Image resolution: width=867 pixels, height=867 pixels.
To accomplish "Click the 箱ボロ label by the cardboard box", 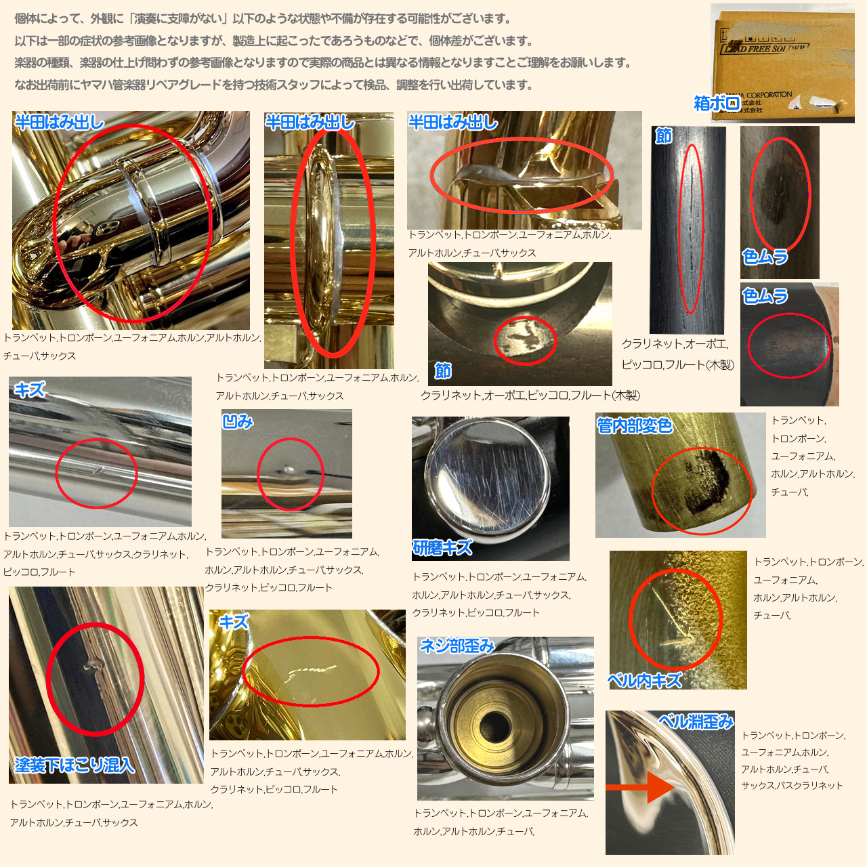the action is point(716,104).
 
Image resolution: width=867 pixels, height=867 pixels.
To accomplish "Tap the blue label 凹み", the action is point(238,421).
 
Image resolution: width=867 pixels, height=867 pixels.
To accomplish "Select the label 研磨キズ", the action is point(442,547).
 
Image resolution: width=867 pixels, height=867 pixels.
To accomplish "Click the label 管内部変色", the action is point(635,425).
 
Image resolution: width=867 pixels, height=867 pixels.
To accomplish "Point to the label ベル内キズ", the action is point(644,680).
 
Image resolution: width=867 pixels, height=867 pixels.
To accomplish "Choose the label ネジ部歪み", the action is point(457,646).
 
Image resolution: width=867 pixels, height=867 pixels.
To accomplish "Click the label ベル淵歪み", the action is point(696,721).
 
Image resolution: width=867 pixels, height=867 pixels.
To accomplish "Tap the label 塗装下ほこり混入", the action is point(75,765).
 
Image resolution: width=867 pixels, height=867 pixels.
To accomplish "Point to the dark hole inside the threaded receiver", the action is point(494,727).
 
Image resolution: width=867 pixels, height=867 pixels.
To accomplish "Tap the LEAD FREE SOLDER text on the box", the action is point(765,48).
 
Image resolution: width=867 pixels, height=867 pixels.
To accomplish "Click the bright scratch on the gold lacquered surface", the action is point(312,671).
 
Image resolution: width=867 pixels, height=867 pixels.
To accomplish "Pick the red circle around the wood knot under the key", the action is point(525,341).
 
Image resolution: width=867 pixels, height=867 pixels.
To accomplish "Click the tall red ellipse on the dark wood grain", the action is point(690,229).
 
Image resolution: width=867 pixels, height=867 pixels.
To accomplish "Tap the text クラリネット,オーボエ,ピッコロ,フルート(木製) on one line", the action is point(530,395).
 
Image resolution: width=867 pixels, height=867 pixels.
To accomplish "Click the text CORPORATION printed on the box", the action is point(769,95).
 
